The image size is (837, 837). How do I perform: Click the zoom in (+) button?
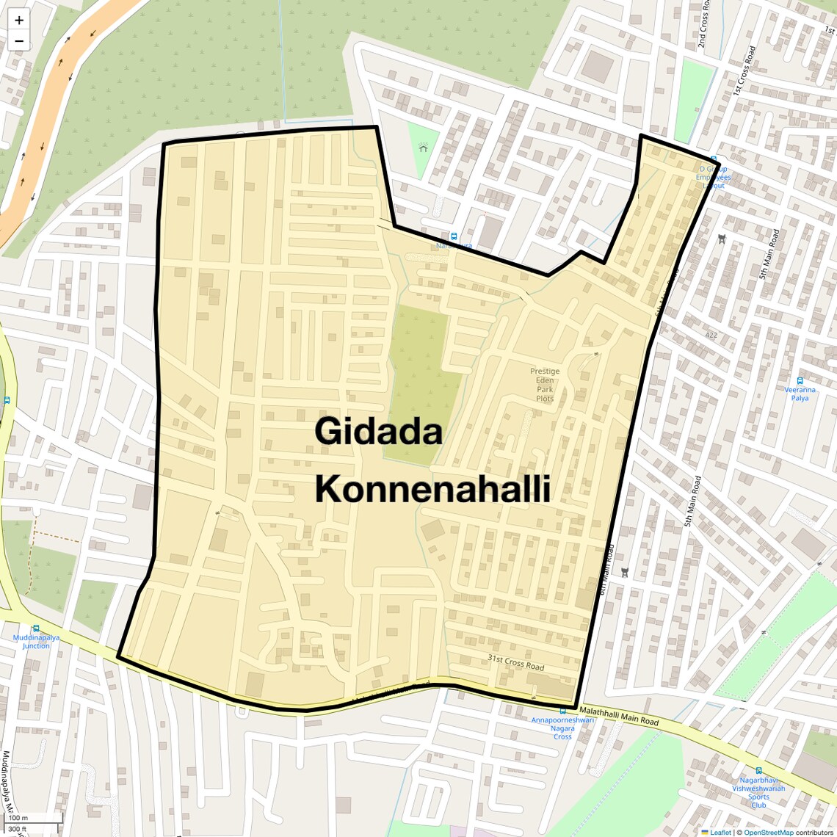tap(19, 21)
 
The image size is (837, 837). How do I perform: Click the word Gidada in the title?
tap(378, 431)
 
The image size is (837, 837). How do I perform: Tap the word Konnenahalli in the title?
tap(432, 489)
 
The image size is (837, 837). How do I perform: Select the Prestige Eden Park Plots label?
tap(545, 385)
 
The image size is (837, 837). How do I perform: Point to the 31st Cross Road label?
tap(516, 662)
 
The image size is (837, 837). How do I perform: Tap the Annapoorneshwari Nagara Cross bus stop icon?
tap(562, 711)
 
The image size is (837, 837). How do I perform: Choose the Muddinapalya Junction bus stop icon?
tap(35, 628)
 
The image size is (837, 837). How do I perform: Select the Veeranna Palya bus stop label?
tap(800, 394)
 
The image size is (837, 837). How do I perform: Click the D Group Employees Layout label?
tap(713, 177)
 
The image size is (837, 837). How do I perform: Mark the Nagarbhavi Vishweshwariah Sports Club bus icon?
tap(758, 770)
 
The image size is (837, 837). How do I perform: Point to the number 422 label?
tap(711, 335)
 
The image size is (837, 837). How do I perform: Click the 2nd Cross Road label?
tap(703, 26)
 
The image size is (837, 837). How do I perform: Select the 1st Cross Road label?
tap(744, 70)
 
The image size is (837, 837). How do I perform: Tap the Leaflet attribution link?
tap(720, 832)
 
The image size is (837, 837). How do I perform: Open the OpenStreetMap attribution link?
tap(768, 832)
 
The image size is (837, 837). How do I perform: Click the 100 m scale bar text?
tap(18, 817)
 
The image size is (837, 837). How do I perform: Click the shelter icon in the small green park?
tap(423, 148)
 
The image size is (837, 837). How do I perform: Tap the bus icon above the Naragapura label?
tap(454, 236)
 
